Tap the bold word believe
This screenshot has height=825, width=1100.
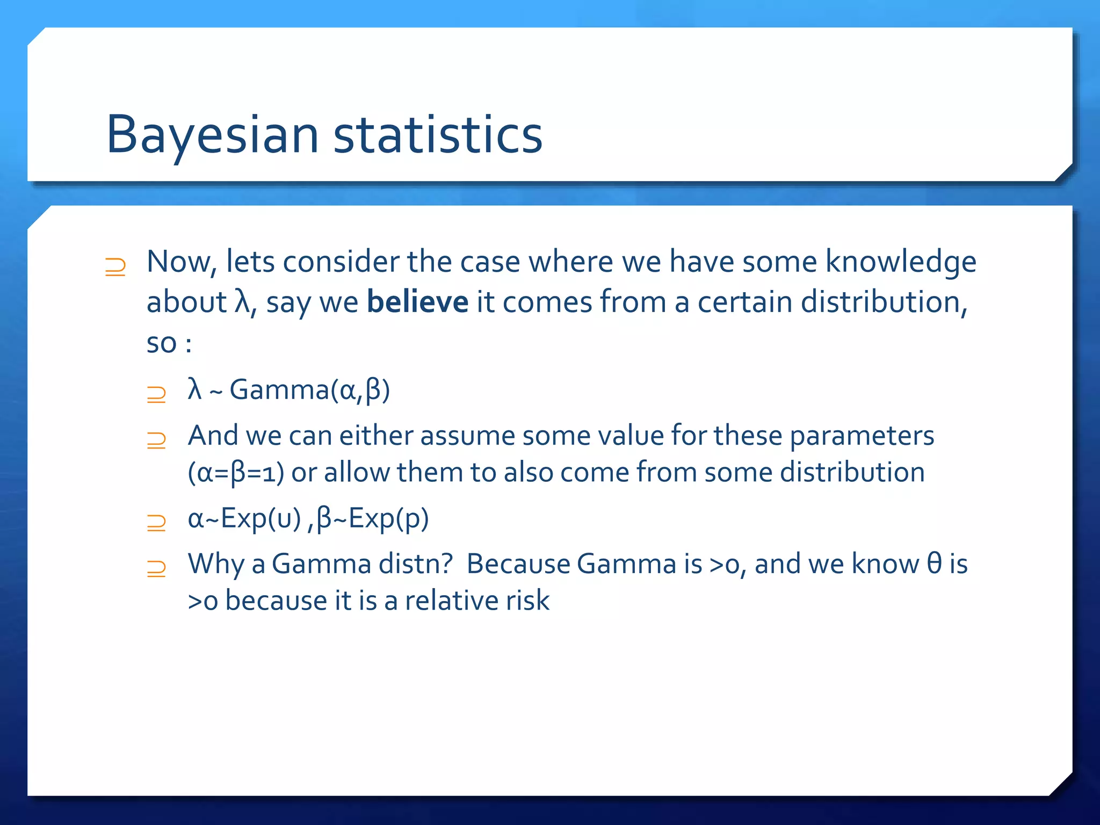coord(417,302)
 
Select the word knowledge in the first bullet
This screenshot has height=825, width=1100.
coord(900,262)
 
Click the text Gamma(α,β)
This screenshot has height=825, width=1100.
coord(309,390)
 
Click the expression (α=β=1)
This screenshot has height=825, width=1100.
coord(235,473)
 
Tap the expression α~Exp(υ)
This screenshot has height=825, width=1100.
coord(244,519)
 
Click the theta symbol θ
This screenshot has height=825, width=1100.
coord(934,563)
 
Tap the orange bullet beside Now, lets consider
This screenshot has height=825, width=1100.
coord(115,267)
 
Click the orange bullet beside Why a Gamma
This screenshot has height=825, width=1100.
coord(156,568)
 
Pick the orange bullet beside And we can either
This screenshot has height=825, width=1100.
coord(156,440)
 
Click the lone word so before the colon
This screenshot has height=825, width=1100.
coord(161,344)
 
